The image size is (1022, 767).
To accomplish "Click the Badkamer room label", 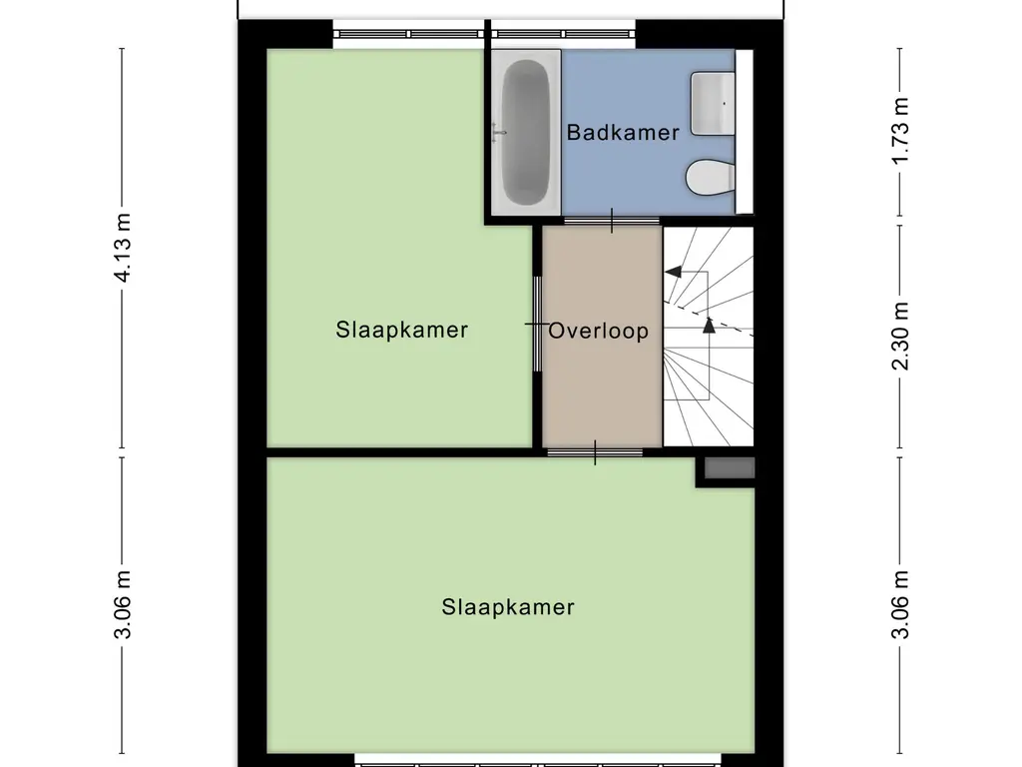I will click(623, 132).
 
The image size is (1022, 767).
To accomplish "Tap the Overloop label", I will click(599, 331).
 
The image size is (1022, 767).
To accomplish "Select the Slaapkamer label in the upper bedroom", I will click(402, 330).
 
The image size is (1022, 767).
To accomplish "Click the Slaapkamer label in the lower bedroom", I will click(508, 606).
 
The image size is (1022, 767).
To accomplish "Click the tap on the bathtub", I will click(499, 132).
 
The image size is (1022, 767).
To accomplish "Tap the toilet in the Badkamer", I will click(711, 178).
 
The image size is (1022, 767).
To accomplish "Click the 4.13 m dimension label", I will click(124, 248).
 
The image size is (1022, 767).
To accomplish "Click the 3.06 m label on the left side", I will click(124, 607).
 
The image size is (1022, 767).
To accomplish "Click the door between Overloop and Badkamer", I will click(611, 221).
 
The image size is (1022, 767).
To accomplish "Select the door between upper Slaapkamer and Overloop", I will click(536, 325).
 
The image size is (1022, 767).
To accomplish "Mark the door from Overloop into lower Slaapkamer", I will click(595, 453).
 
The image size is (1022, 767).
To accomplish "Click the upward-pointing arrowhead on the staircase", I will click(709, 324).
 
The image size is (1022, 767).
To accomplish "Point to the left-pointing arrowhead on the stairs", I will click(673, 271).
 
